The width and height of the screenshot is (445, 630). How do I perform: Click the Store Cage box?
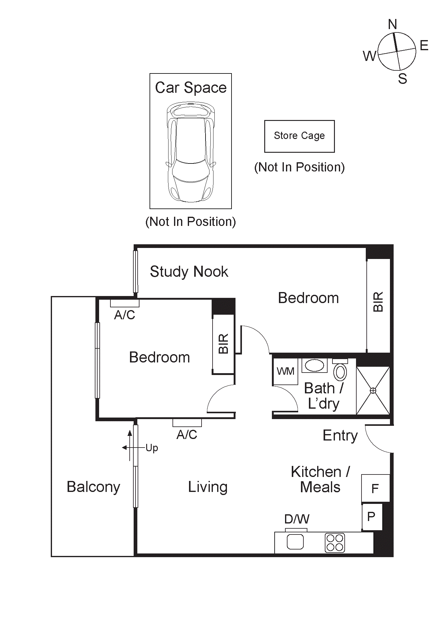(x=299, y=136)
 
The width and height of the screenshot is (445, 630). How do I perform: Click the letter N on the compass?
(x=392, y=24)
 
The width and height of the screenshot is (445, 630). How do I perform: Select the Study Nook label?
(x=189, y=272)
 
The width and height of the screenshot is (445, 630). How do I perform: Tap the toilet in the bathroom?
(x=340, y=371)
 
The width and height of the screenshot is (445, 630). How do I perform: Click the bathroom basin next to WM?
(x=314, y=366)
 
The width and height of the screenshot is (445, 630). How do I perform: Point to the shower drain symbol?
(x=373, y=391)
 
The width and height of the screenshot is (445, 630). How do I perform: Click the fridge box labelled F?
(x=375, y=488)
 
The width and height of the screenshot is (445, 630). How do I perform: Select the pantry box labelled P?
(x=372, y=517)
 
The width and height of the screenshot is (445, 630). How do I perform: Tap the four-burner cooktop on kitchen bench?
(x=335, y=543)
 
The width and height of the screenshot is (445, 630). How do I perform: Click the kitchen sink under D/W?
(x=295, y=542)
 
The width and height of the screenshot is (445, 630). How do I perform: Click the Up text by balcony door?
(x=152, y=448)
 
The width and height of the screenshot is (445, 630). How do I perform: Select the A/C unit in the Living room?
(x=187, y=423)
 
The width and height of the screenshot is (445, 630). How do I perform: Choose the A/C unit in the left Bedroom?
(x=124, y=303)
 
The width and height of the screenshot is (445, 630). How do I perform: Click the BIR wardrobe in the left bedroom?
(x=224, y=344)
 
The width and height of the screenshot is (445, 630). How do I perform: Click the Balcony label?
(x=93, y=487)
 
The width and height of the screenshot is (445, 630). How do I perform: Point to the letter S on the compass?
(x=402, y=79)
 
